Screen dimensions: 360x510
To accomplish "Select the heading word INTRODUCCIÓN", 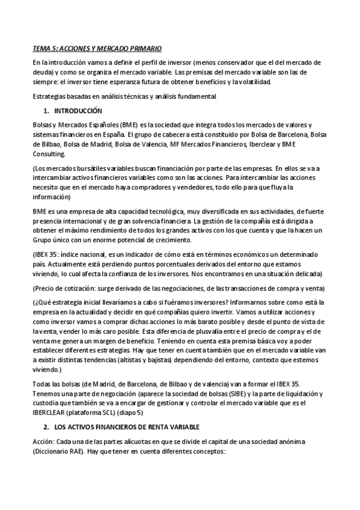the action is pos(78,111).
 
